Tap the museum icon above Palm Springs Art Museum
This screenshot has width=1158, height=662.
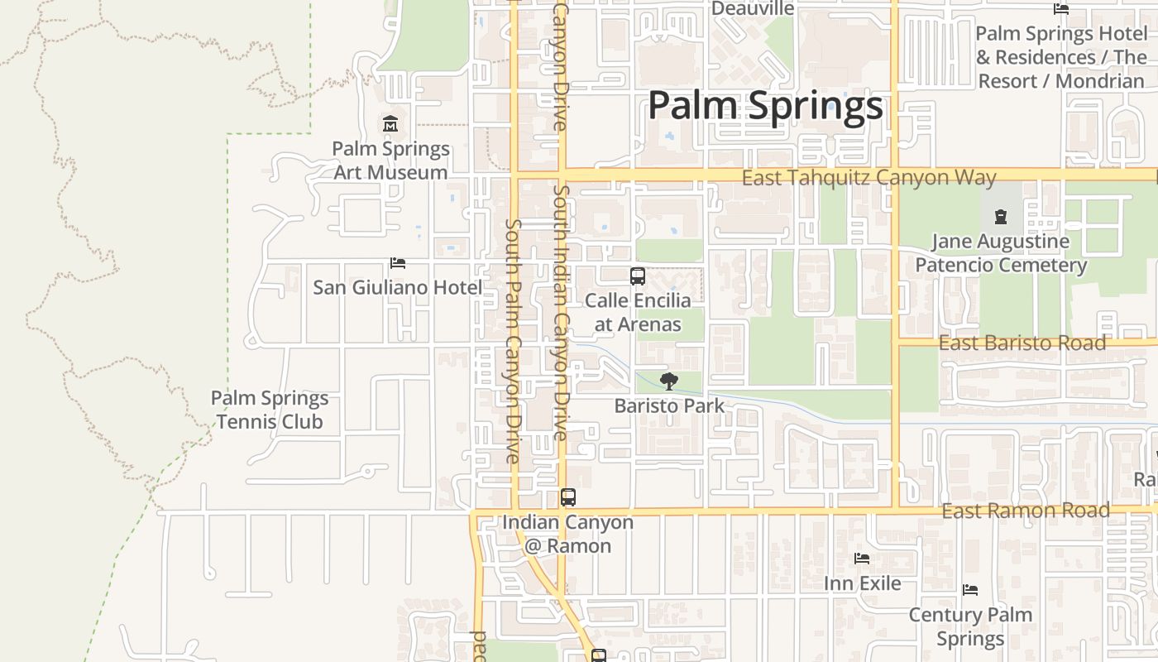pyautogui.click(x=390, y=124)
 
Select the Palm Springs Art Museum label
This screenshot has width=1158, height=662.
pyautogui.click(x=390, y=161)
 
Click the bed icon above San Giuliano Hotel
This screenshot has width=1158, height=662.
pyautogui.click(x=398, y=263)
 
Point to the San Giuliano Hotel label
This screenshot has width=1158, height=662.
pyautogui.click(x=397, y=287)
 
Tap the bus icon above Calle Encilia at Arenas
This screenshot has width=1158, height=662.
pyautogui.click(x=638, y=276)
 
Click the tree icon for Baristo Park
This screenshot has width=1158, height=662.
pyautogui.click(x=669, y=381)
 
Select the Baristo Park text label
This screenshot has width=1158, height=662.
pyautogui.click(x=669, y=405)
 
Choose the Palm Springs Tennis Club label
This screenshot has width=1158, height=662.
pyautogui.click(x=270, y=410)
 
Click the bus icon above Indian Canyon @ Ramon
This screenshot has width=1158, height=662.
pyautogui.click(x=568, y=497)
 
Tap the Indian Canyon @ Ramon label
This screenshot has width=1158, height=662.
pyautogui.click(x=568, y=534)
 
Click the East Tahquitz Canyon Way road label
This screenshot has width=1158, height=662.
pyautogui.click(x=868, y=178)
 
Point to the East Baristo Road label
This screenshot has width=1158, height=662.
pyautogui.click(x=1022, y=343)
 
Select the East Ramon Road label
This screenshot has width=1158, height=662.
pyautogui.click(x=1026, y=511)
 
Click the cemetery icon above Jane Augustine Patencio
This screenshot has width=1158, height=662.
pyautogui.click(x=1001, y=218)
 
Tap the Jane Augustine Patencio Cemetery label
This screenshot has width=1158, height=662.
pyautogui.click(x=1001, y=253)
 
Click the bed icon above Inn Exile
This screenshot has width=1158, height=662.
pyautogui.click(x=862, y=559)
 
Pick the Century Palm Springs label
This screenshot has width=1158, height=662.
pyautogui.click(x=970, y=626)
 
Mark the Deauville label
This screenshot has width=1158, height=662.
pyautogui.click(x=753, y=8)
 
